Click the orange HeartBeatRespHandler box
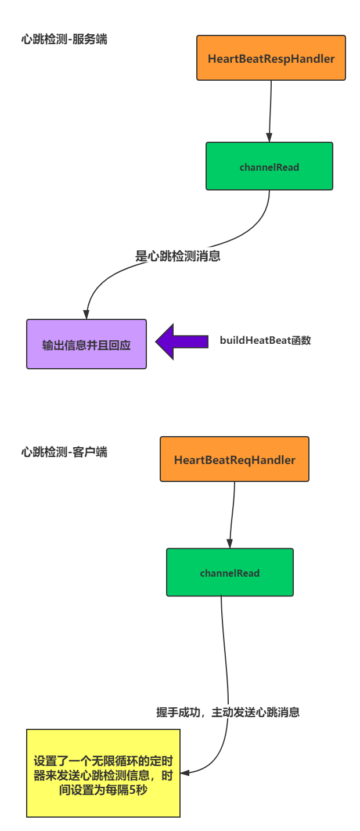271,58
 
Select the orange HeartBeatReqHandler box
235,459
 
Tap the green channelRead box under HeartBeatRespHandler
269,167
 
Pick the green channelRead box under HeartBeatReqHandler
230,573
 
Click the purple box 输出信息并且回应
87,344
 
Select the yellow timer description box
103,774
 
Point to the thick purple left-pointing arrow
181,341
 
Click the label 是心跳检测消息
178,256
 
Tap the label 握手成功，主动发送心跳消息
228,712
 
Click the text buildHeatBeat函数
265,341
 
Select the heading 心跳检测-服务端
64,39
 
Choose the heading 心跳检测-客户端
64,452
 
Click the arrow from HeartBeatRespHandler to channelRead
270,110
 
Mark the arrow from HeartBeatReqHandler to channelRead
232,515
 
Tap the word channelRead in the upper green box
269,167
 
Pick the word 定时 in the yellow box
163,761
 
